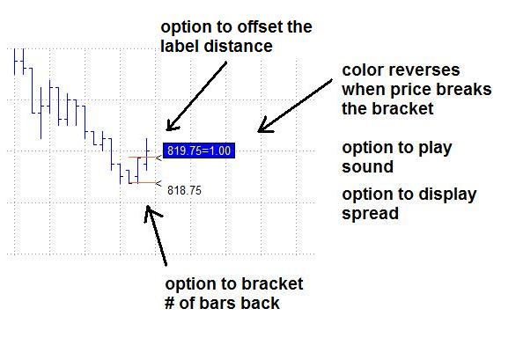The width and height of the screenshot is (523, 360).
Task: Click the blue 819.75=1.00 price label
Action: click(x=199, y=151)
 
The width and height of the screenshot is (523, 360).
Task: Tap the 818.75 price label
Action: click(x=184, y=190)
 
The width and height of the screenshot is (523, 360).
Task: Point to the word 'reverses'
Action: click(x=423, y=70)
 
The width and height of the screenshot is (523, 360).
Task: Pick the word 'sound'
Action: click(x=367, y=166)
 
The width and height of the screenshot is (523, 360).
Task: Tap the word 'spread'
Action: click(x=370, y=214)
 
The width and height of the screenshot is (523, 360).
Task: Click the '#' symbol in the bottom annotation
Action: click(x=170, y=303)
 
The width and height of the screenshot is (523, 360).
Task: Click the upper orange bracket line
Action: click(x=142, y=157)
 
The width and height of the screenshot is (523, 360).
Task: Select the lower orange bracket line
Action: click(x=143, y=183)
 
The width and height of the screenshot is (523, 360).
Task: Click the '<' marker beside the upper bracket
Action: click(x=158, y=158)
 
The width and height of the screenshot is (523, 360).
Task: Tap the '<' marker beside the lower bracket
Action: click(x=158, y=183)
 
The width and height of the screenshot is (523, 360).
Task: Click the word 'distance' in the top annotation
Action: click(x=238, y=46)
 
